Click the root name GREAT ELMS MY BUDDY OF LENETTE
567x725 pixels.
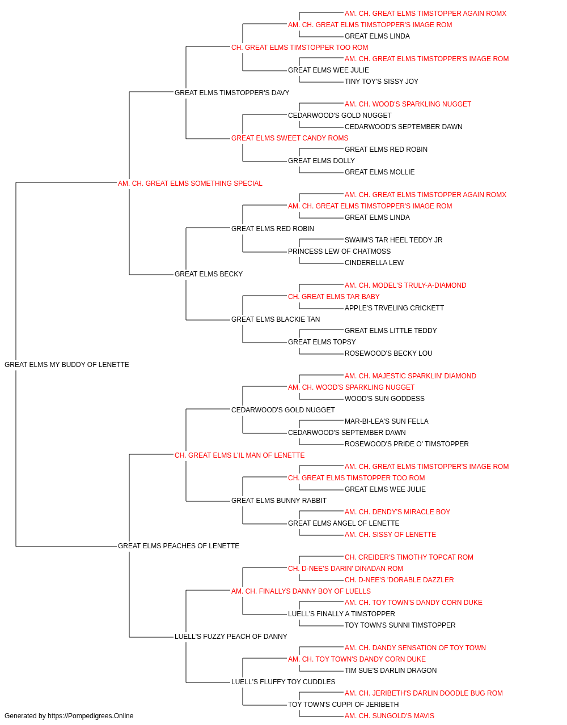[x=67, y=365]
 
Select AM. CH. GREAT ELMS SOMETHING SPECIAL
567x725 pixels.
[x=190, y=184]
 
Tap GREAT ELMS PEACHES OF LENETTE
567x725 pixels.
[x=179, y=546]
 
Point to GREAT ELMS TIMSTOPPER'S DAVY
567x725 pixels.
[x=232, y=93]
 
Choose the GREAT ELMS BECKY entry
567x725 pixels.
[x=209, y=274]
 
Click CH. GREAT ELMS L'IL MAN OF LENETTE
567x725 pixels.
[x=240, y=455]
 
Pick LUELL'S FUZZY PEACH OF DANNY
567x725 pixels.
[x=231, y=637]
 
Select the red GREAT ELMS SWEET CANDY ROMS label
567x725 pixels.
[x=290, y=138]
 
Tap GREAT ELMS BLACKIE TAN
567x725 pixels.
[x=276, y=319]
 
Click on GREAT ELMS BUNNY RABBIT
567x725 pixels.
[x=279, y=501]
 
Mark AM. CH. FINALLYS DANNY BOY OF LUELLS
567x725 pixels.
[x=301, y=591]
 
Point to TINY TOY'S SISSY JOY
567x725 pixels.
[x=382, y=82]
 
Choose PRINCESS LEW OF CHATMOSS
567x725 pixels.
[x=339, y=251]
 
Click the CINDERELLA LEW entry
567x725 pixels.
[x=374, y=263]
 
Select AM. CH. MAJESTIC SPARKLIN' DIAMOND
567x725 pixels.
[x=411, y=376]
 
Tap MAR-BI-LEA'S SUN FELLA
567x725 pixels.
[x=386, y=421]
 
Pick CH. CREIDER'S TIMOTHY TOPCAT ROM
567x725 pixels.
[x=409, y=557]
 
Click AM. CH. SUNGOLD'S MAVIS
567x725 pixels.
[x=390, y=716]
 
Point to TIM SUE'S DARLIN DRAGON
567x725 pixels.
[x=391, y=670]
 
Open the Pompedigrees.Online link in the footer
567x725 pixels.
[x=91, y=716]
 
